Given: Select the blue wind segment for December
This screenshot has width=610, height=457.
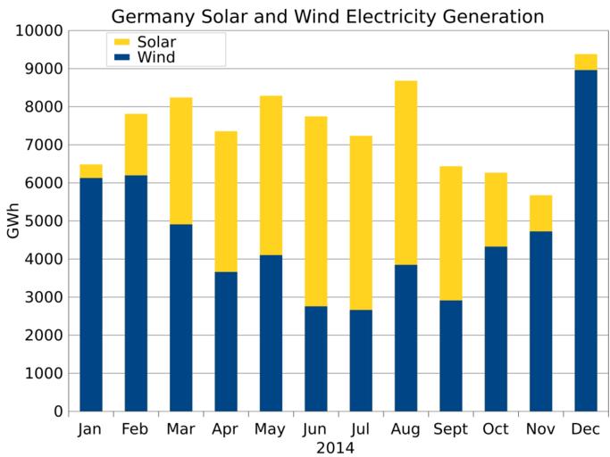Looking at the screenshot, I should [x=586, y=241].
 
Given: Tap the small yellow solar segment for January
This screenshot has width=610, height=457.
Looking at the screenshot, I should [x=91, y=171].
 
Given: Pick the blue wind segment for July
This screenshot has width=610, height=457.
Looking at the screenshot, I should [x=361, y=361].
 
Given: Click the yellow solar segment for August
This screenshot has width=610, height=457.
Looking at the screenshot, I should [x=405, y=172].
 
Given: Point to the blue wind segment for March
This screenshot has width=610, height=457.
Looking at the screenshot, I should [x=180, y=318].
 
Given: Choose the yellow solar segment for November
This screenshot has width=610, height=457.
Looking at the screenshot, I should [x=540, y=212].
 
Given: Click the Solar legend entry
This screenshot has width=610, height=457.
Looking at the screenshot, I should [x=143, y=42].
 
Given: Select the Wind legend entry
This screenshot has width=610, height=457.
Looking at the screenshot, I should [x=143, y=58].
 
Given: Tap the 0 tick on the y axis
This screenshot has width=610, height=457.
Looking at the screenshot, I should [x=59, y=412].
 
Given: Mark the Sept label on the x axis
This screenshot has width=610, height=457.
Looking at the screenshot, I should [x=450, y=430].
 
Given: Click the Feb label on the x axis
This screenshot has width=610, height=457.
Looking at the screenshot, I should [x=136, y=430].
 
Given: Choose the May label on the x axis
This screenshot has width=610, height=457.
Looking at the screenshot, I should [x=271, y=430].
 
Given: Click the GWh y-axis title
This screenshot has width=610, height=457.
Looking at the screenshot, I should [x=13, y=221].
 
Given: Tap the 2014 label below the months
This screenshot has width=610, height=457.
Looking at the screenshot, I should [x=335, y=447].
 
